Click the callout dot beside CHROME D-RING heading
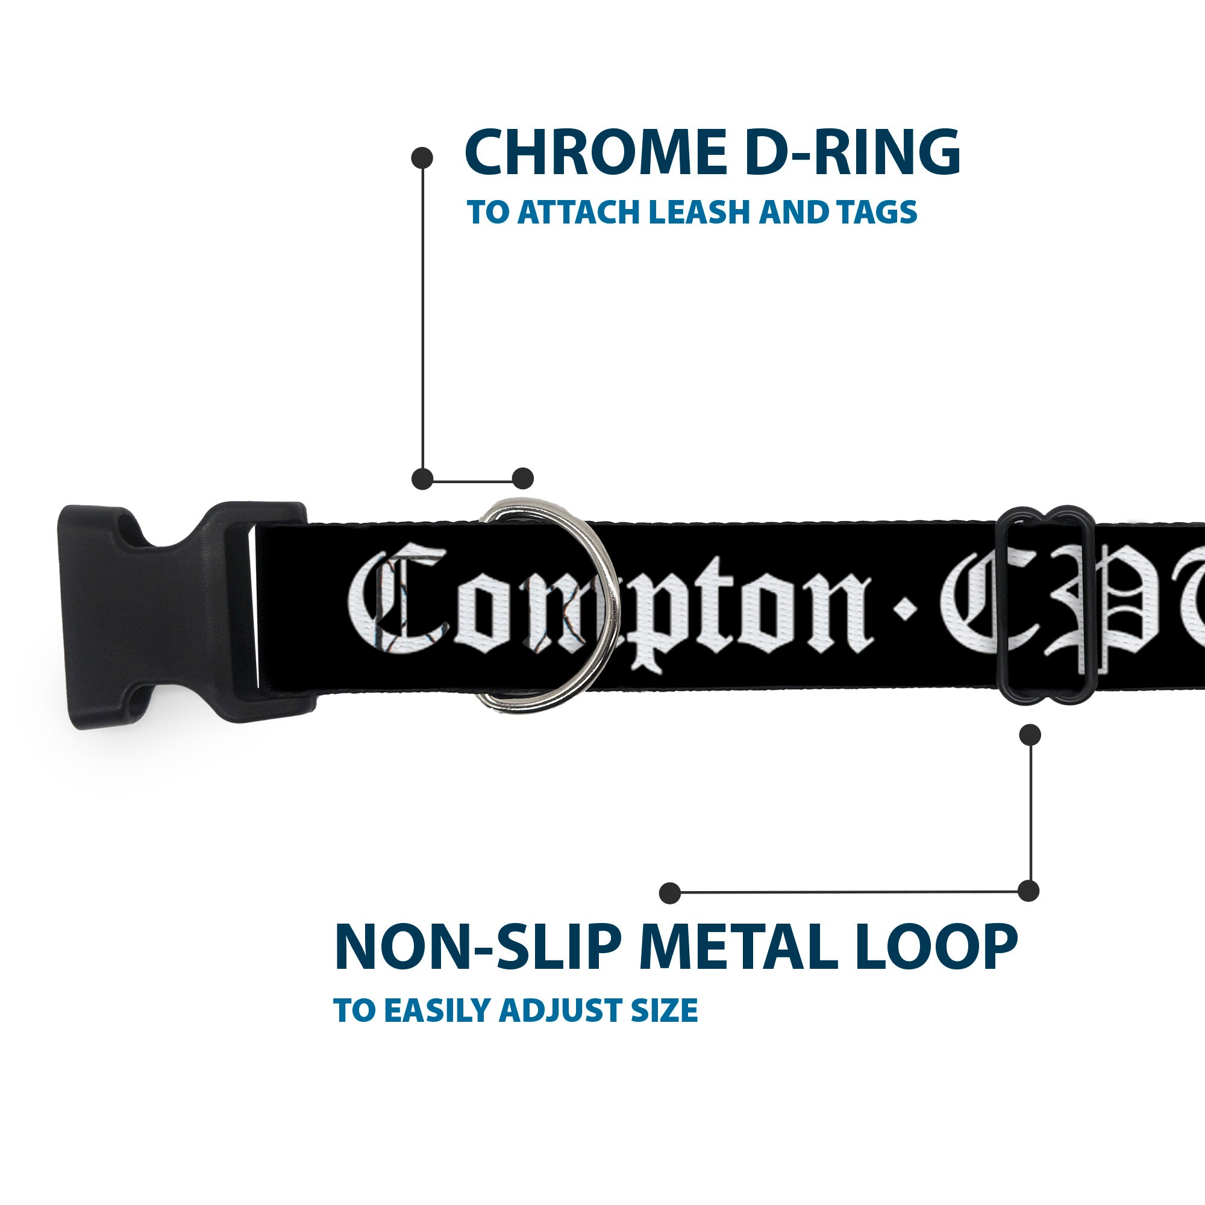(x=422, y=157)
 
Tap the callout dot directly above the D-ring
(x=522, y=478)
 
